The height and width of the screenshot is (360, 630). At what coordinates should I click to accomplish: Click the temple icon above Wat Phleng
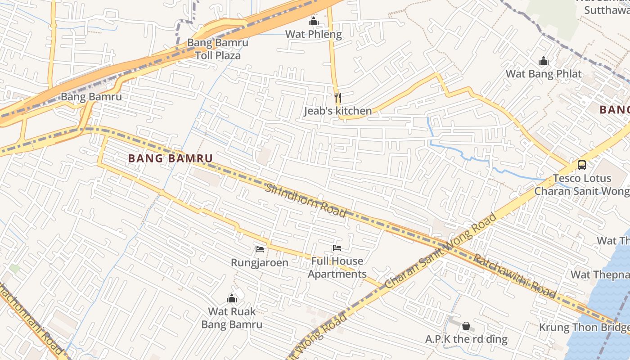point(314,21)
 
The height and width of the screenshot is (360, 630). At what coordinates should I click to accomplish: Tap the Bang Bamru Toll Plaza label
point(218,49)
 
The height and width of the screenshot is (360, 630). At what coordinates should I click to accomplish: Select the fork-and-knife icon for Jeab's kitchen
point(338,97)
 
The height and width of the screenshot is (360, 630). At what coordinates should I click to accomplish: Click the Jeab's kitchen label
point(338,111)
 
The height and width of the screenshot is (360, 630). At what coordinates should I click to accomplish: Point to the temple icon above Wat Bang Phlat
point(544,61)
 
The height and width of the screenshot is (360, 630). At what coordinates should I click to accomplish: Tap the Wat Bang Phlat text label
point(544,74)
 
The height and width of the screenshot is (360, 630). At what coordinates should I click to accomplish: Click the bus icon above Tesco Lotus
point(582,165)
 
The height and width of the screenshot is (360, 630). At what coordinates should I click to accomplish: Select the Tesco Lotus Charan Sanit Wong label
point(582,184)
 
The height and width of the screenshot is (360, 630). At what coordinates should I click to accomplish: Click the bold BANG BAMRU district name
point(170,158)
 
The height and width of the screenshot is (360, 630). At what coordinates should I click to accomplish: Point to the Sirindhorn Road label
point(306,200)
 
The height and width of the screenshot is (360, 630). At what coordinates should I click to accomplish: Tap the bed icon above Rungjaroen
point(260,249)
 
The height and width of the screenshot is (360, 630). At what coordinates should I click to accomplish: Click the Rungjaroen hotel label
point(260,262)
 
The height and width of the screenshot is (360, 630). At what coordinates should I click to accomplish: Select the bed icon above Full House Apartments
point(337,247)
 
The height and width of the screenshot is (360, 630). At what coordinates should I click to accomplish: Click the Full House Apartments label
point(337,267)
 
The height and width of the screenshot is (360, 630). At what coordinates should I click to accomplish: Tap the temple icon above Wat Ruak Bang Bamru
point(232,298)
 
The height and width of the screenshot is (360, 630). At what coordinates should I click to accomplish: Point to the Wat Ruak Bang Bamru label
point(232,318)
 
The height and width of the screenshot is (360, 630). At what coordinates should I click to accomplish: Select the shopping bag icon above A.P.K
point(466,325)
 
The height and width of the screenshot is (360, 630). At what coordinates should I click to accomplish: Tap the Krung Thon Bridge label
point(584,327)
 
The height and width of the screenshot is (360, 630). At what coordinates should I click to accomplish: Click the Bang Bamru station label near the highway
point(91,96)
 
